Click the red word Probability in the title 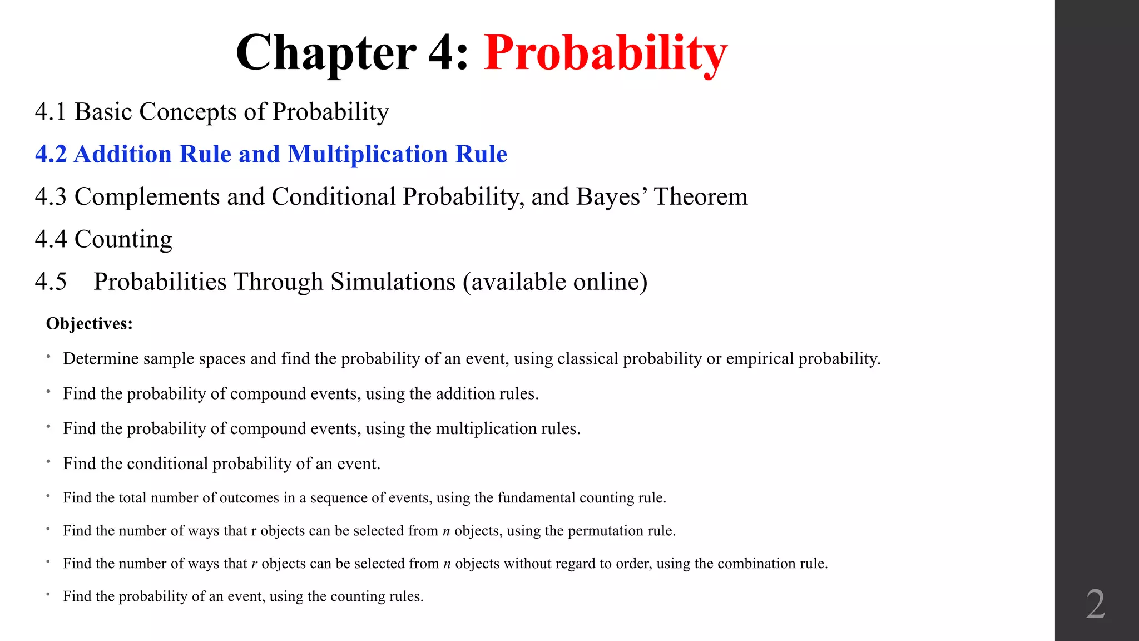coord(605,53)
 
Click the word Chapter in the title coord(326,53)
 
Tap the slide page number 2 coord(1095,604)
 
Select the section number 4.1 coord(51,112)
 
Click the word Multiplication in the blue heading coord(368,154)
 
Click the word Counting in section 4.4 coord(123,239)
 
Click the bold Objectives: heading coord(90,323)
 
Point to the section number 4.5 coord(51,282)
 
